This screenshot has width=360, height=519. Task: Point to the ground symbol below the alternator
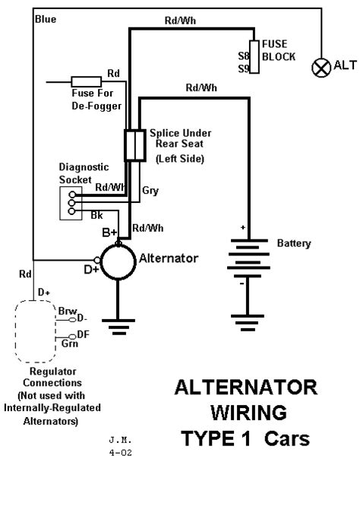click(x=118, y=327)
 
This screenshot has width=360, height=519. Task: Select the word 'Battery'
click(x=294, y=244)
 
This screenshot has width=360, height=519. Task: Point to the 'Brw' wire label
click(x=67, y=311)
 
